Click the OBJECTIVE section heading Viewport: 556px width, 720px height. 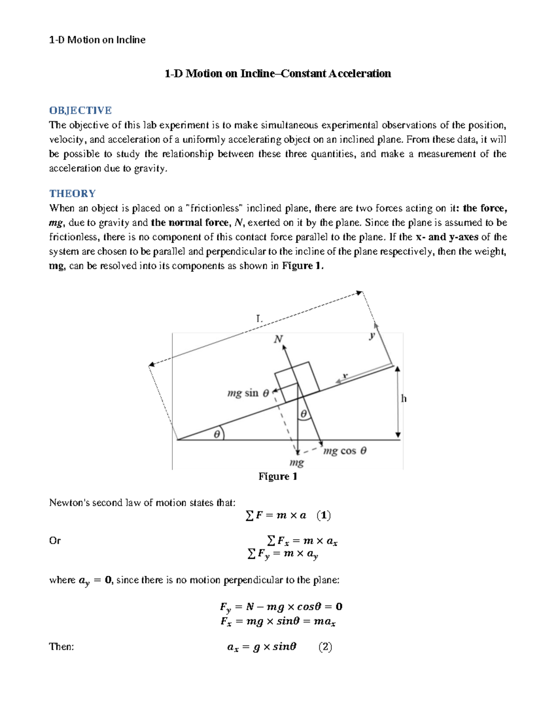click(80, 110)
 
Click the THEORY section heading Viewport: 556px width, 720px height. click(72, 193)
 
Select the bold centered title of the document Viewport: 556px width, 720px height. click(278, 74)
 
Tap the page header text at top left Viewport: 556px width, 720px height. click(97, 40)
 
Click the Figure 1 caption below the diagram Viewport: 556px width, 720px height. click(278, 477)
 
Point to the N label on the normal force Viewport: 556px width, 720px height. click(278, 339)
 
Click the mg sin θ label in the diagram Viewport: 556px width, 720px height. click(248, 394)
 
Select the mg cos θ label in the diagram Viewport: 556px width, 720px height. click(345, 451)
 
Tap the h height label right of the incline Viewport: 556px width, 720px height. click(404, 399)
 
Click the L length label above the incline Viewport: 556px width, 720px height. click(259, 319)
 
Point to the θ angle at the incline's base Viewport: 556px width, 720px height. click(216, 434)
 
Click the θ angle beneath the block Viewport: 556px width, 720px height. click(304, 414)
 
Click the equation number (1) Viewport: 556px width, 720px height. click(323, 516)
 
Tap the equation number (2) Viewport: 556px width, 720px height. click(325, 647)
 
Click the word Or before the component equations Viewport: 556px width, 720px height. click(55, 541)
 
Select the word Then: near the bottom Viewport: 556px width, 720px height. click(62, 647)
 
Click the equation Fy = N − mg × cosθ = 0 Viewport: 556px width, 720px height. click(281, 607)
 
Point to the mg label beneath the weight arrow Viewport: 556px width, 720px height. click(297, 463)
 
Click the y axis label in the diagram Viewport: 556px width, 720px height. click(372, 336)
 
